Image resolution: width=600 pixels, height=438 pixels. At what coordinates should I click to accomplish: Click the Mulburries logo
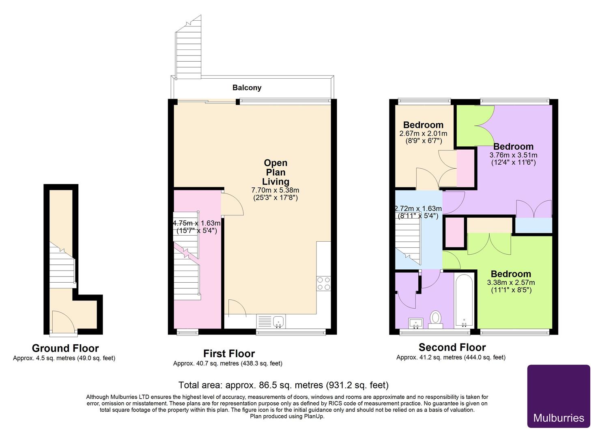(558, 396)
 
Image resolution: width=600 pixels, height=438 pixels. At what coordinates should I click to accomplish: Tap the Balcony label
(247, 88)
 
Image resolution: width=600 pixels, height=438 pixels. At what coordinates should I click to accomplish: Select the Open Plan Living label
(275, 172)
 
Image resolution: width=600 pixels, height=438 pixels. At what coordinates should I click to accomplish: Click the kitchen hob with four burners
(323, 283)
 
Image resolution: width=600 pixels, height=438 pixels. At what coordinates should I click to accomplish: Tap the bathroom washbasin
(415, 323)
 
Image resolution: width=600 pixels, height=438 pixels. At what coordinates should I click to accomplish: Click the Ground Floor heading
(65, 348)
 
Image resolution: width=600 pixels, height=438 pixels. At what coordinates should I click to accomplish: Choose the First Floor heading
(229, 354)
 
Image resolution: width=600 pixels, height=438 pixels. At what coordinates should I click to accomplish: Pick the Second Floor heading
(452, 348)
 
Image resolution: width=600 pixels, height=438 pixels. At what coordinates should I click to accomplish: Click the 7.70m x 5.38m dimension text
(275, 190)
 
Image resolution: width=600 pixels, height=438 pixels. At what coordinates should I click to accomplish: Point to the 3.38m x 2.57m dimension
(511, 283)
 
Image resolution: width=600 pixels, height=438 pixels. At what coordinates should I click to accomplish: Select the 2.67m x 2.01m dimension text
(423, 133)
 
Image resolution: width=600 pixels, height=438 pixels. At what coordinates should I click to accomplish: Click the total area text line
(283, 385)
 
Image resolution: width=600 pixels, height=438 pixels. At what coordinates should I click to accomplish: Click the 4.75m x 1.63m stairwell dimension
(197, 223)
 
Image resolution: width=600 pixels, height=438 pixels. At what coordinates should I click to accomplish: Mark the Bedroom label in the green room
(511, 274)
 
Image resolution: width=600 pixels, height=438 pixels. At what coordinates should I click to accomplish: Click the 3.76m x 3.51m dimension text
(513, 155)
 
